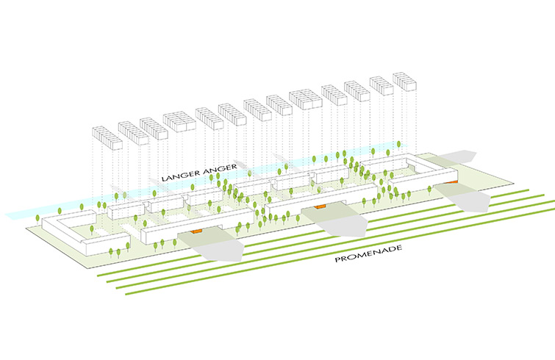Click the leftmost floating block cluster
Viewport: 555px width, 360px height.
tap(106, 137)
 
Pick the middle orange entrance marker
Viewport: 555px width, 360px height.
tap(320, 207)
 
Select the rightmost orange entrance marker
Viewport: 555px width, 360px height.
tap(455, 181)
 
